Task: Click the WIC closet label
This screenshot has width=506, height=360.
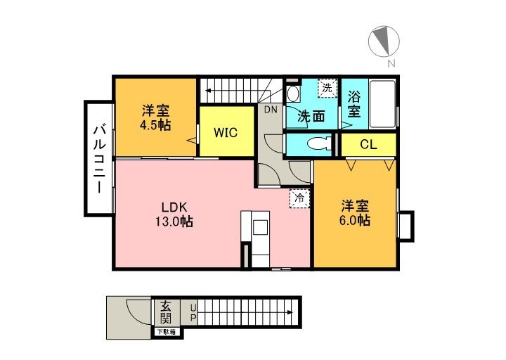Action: click(x=226, y=132)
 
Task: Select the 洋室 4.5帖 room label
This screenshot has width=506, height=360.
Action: click(x=155, y=117)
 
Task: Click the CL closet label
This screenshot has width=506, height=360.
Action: click(x=368, y=145)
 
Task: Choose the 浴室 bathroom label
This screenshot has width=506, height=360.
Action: click(x=354, y=103)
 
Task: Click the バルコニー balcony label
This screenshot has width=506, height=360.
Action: click(x=99, y=158)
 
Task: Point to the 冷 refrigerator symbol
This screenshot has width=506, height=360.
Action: click(x=299, y=198)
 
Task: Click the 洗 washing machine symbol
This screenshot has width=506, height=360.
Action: click(x=327, y=89)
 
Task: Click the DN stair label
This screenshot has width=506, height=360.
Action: click(x=271, y=110)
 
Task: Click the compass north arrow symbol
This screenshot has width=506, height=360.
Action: click(x=384, y=40)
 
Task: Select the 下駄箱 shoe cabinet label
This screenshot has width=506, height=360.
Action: click(x=167, y=331)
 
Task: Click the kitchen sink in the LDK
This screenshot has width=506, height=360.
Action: click(x=260, y=228)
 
